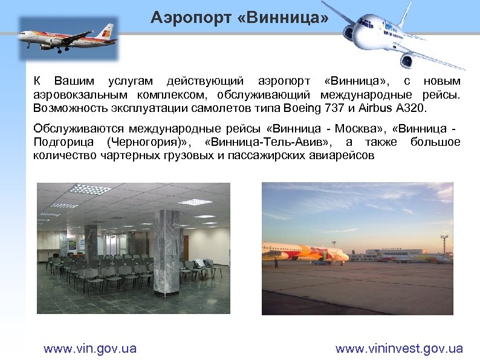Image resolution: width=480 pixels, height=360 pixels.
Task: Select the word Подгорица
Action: point(63,142)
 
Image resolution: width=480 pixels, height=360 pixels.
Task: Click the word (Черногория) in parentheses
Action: point(149,142)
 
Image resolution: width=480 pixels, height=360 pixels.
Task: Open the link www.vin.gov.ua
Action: point(90,349)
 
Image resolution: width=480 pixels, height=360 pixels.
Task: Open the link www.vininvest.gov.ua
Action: point(399,349)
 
